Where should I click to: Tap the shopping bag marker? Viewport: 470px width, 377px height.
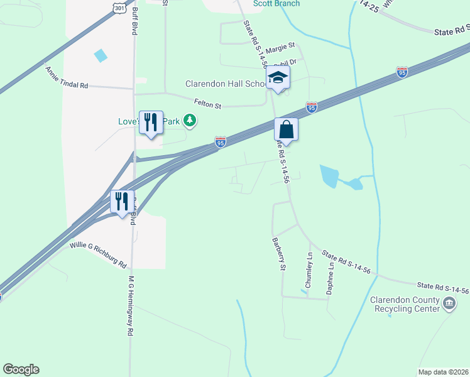pyautogui.click(x=286, y=131)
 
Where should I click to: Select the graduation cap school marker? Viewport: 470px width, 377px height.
pyautogui.click(x=278, y=79)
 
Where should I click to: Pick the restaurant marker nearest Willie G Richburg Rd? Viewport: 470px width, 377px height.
pyautogui.click(x=121, y=201)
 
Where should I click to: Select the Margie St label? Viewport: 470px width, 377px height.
pyautogui.click(x=280, y=47)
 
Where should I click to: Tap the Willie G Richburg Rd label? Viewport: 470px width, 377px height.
pyautogui.click(x=98, y=255)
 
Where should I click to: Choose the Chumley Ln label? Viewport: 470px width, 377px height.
pyautogui.click(x=309, y=270)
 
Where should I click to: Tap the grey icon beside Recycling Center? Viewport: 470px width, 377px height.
pyautogui.click(x=449, y=304)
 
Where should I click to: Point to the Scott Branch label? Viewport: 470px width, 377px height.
pyautogui.click(x=275, y=4)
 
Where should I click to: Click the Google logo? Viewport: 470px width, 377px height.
pyautogui.click(x=21, y=369)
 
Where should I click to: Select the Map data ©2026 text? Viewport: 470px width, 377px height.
pyautogui.click(x=443, y=372)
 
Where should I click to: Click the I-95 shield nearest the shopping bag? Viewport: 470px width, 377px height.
pyautogui.click(x=311, y=108)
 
